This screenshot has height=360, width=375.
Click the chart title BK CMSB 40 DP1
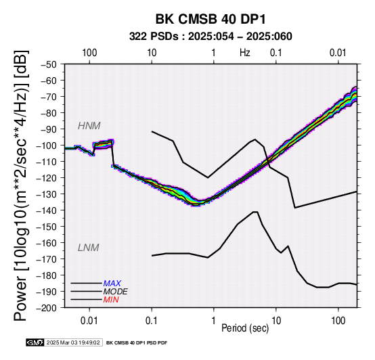211,19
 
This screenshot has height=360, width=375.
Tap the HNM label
89,126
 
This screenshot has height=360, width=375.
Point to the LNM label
89,248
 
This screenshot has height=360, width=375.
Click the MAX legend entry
112,284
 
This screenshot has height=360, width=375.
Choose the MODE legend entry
115,292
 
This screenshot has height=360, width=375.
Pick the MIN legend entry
111,300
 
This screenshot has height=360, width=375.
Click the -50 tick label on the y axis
49,64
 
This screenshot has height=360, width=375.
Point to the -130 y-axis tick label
47,194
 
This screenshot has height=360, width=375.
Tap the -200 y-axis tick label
47,308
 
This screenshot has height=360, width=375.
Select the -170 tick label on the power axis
47,259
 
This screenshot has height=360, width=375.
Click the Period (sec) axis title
245,328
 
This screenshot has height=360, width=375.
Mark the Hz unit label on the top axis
245,53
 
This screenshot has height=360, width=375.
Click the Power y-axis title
21,186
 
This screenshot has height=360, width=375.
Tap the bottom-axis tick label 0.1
152,321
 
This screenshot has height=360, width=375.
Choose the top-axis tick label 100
89,53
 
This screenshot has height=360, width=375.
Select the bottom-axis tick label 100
338,321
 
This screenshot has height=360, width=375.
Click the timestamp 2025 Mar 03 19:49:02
73,342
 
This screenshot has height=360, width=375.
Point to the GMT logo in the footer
35,342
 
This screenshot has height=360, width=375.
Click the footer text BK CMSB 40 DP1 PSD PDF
137,343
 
